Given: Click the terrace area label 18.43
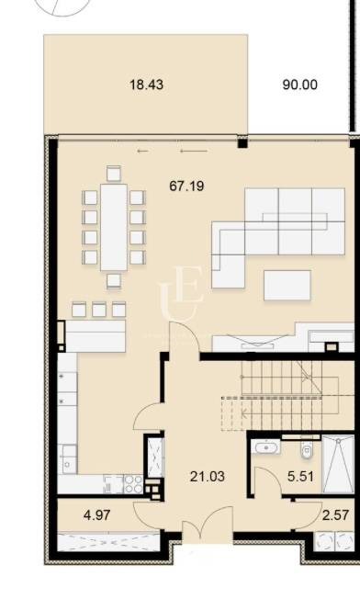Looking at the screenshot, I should click(x=146, y=85).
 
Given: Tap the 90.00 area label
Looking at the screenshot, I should click(x=299, y=85).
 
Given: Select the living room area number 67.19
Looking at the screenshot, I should click(x=186, y=186).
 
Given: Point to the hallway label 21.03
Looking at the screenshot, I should click(x=208, y=476).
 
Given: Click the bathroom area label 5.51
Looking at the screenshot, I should click(x=301, y=477).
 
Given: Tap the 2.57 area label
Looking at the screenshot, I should click(x=334, y=515).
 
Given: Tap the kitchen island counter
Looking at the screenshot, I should click(x=92, y=336).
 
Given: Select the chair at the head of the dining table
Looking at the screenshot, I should click(x=114, y=173).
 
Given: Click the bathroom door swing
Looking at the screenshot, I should click(x=266, y=480).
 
